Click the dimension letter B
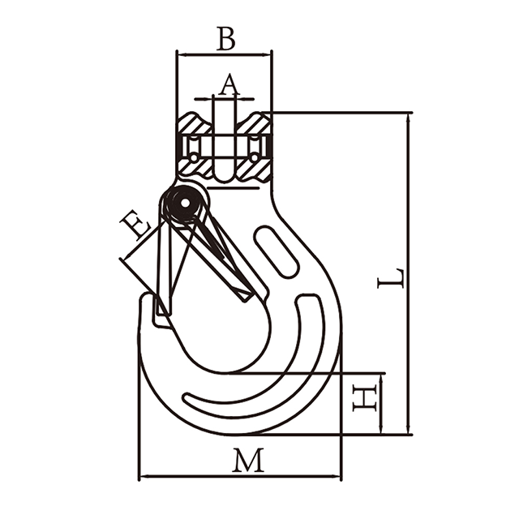tap(226, 37)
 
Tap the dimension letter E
tap(135, 226)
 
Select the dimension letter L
tap(392, 278)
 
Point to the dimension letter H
tap(367, 397)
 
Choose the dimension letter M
tap(248, 461)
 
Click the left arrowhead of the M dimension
tap(143, 475)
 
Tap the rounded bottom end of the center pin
tap(225, 176)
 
